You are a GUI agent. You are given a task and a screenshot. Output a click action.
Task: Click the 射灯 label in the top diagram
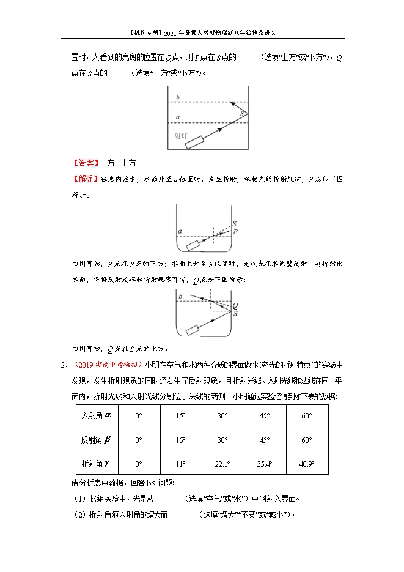point(181,135)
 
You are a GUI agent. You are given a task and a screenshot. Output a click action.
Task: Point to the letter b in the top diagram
point(177,98)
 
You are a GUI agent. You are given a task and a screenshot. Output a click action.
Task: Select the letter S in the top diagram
point(243,113)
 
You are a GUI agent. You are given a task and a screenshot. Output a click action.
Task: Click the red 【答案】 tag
point(86,163)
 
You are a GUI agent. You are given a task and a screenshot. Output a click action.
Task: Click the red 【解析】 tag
point(86,179)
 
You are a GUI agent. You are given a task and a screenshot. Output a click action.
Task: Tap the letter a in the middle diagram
point(180,231)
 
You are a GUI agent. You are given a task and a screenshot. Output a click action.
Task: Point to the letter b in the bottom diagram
point(180,297)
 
